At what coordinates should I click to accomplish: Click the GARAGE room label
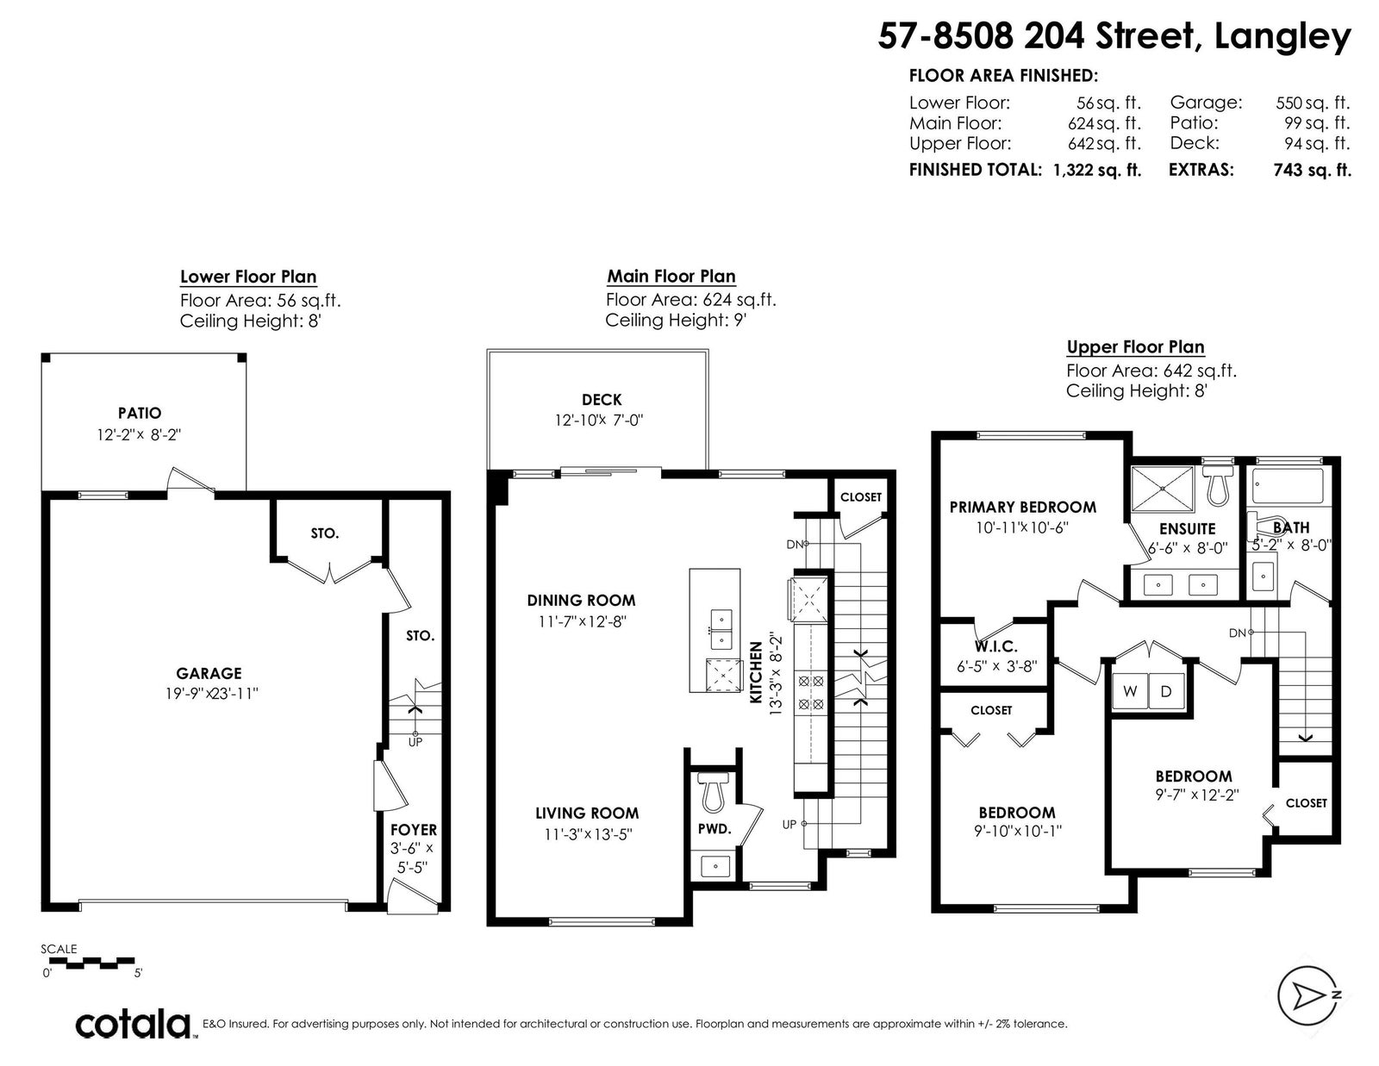pyautogui.click(x=209, y=673)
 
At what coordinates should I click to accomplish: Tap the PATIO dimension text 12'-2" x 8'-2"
pyautogui.click(x=139, y=435)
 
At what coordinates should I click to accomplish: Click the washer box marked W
pyautogui.click(x=1130, y=691)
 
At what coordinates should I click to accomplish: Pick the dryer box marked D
pyautogui.click(x=1166, y=691)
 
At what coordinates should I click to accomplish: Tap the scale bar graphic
pyautogui.click(x=100, y=963)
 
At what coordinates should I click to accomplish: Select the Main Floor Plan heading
pyautogui.click(x=671, y=277)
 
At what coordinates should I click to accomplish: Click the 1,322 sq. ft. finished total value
pyautogui.click(x=1096, y=170)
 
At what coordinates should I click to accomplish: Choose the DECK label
pyautogui.click(x=602, y=400)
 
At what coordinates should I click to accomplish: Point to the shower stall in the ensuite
pyautogui.click(x=1161, y=489)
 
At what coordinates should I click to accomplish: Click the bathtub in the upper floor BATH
pyautogui.click(x=1288, y=486)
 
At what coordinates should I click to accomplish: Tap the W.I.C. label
pyautogui.click(x=995, y=646)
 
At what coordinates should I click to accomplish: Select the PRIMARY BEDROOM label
pyautogui.click(x=1022, y=508)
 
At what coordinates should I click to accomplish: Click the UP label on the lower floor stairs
pyautogui.click(x=415, y=742)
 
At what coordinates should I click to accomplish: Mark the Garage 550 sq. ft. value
pyautogui.click(x=1312, y=103)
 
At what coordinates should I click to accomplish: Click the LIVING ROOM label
pyautogui.click(x=587, y=814)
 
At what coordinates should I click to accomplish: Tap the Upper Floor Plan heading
pyautogui.click(x=1135, y=347)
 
